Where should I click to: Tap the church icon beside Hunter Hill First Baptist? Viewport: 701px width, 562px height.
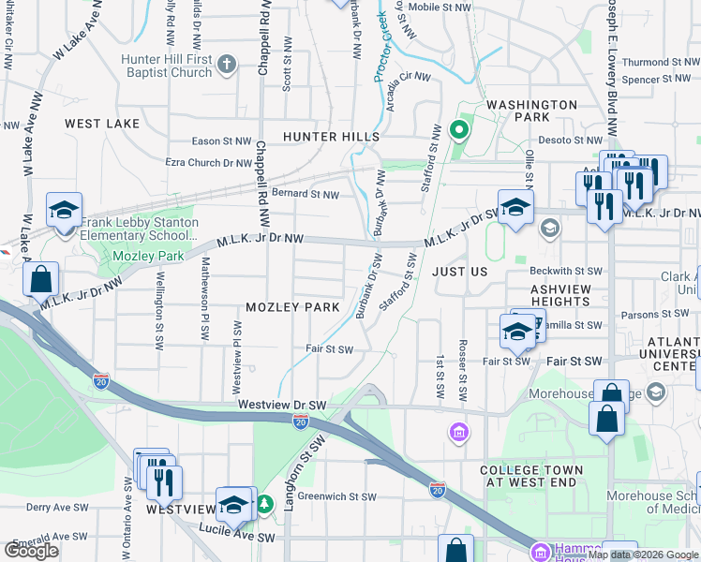coord(226,65)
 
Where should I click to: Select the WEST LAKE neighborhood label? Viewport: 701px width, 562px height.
coord(102,124)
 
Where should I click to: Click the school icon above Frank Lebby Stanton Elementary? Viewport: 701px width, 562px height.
coord(64,210)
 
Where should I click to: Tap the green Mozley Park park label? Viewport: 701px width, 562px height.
coord(135,256)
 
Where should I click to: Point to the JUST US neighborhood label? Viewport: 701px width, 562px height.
coord(460,271)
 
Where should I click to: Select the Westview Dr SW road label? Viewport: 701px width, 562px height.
coord(282,405)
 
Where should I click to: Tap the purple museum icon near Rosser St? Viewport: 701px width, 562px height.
coord(458,433)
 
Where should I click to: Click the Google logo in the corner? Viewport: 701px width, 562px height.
coord(32,551)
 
